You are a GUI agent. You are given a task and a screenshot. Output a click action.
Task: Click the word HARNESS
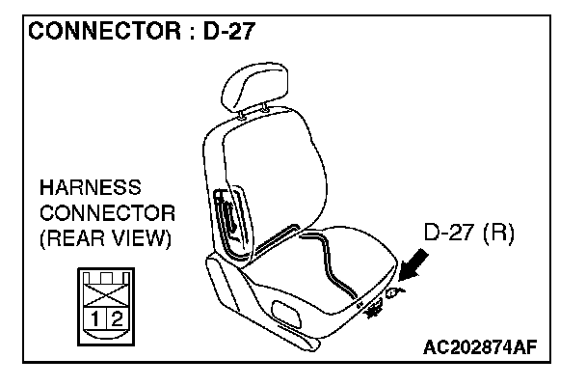pos(89,187)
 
